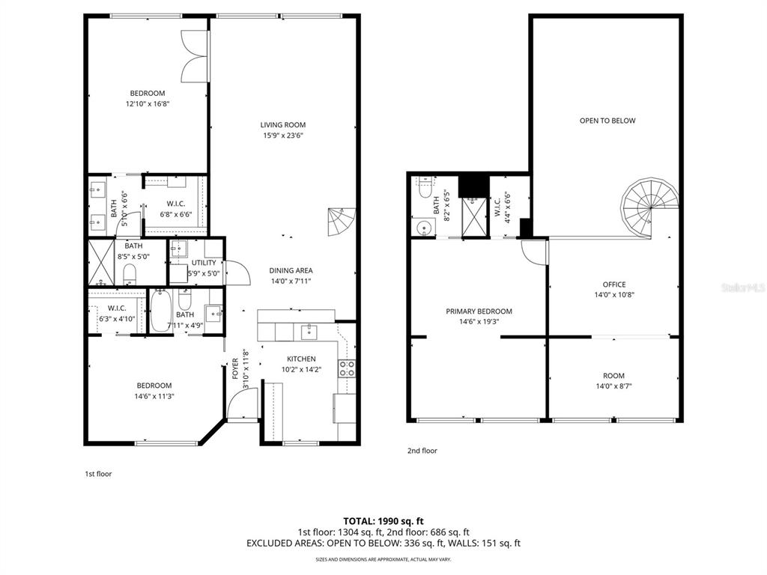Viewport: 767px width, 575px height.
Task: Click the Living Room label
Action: coord(283,125)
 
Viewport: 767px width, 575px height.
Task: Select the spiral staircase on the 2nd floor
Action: coord(649,206)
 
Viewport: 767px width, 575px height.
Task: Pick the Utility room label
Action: coord(204,263)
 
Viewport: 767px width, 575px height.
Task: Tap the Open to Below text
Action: coord(607,121)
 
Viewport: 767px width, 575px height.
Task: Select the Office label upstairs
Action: coord(614,285)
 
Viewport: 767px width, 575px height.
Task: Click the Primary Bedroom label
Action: coord(479,311)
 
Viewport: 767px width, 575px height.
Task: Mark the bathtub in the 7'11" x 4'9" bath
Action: coord(160,311)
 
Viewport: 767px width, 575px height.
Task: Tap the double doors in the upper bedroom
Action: coord(193,56)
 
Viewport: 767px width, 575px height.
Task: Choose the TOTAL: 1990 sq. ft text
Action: coord(383,520)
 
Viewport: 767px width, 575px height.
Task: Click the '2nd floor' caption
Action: coord(422,451)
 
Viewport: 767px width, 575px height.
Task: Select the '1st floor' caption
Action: coord(97,473)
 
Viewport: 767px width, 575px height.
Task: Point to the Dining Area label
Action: coord(291,270)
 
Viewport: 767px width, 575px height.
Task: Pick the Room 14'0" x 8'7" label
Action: coord(614,376)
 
